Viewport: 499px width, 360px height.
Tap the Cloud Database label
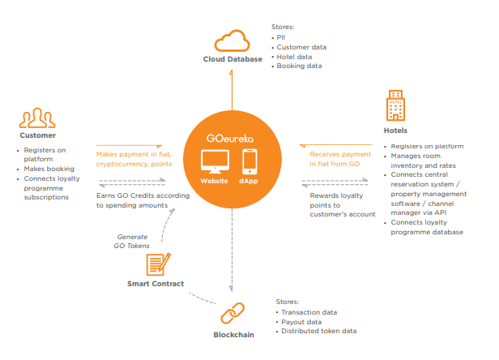coord(232,59)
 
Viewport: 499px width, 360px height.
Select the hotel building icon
coord(395,105)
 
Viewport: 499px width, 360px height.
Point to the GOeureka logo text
coord(230,139)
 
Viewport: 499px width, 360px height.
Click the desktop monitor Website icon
coord(215,161)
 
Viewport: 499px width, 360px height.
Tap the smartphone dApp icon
coord(249,161)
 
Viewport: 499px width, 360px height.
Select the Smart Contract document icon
coord(158,264)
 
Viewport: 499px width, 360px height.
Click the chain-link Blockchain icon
coord(232,313)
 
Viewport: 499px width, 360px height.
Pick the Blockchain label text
coord(233,335)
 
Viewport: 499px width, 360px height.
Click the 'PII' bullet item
coord(280,37)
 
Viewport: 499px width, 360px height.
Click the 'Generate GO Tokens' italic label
coord(132,241)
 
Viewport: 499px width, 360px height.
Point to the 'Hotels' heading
coord(395,131)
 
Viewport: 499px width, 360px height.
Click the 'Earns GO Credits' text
coord(143,200)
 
